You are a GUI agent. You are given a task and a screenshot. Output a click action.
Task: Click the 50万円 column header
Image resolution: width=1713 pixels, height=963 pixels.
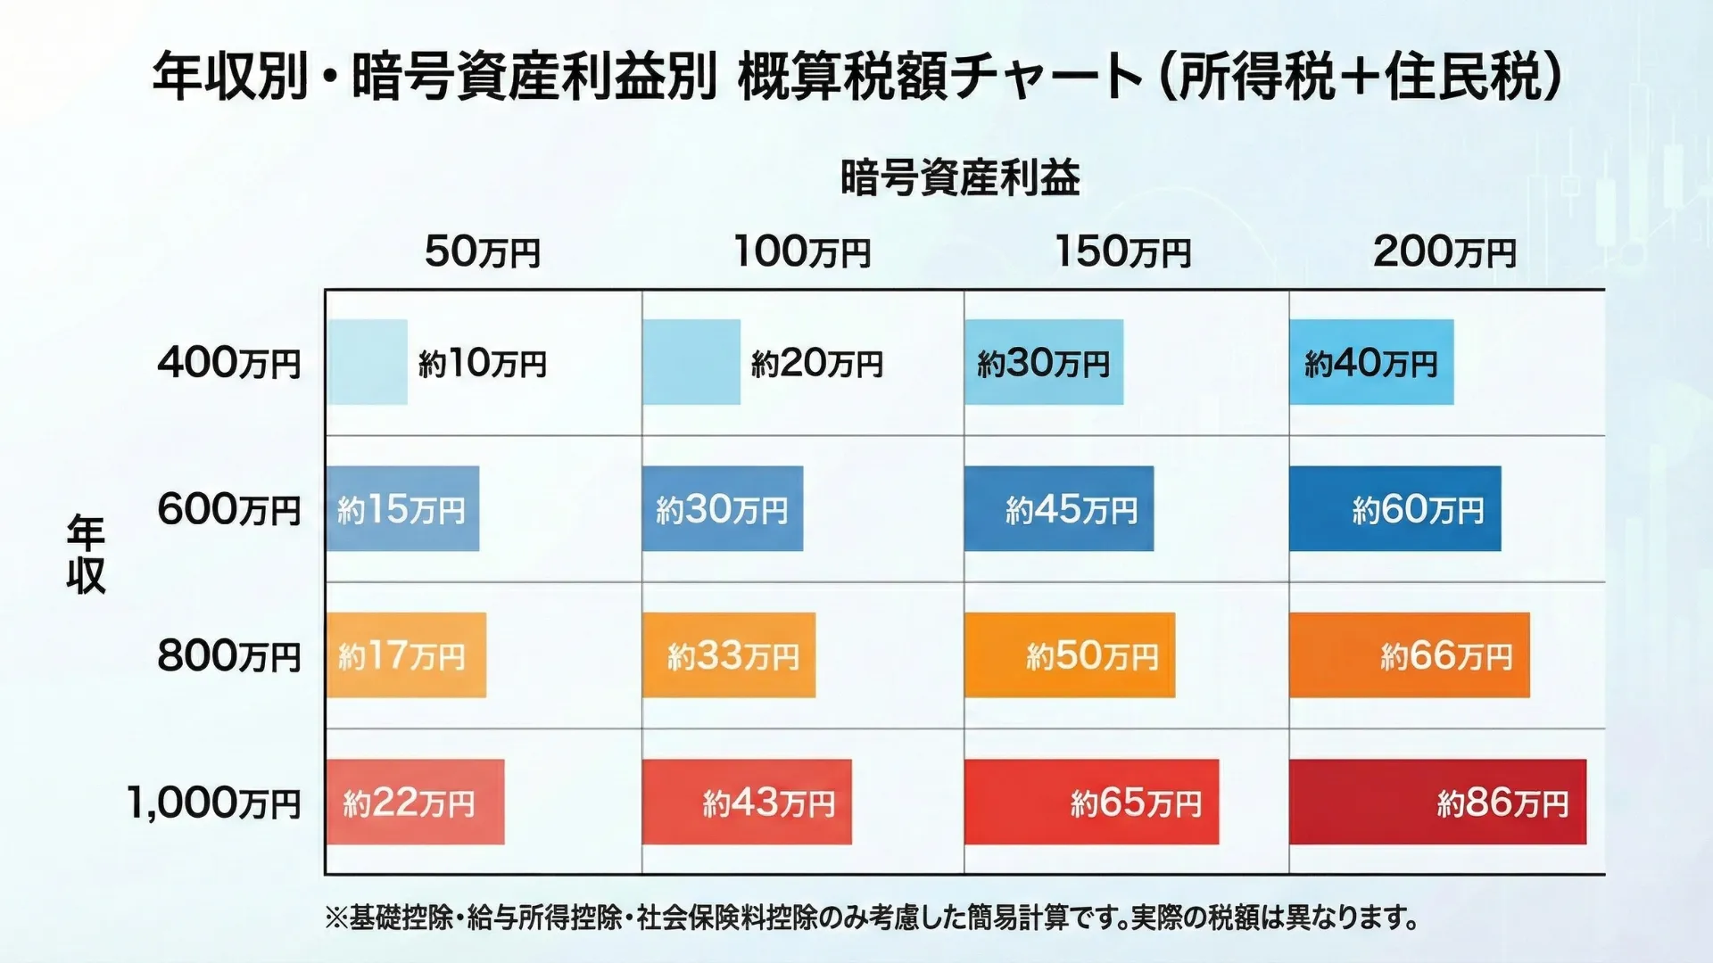click(483, 252)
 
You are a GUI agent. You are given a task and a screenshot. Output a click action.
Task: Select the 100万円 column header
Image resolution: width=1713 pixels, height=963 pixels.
click(802, 252)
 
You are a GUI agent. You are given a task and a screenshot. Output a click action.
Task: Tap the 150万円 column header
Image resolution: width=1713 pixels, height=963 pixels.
click(1123, 252)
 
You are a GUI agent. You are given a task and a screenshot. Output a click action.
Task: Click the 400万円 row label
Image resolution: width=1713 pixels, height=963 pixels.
click(229, 364)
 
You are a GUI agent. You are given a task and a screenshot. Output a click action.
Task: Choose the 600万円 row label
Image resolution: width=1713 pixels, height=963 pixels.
click(229, 510)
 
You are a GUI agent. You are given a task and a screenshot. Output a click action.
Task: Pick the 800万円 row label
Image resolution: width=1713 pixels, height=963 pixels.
click(229, 656)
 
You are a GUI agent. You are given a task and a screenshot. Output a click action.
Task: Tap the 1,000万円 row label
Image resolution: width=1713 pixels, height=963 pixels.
click(214, 803)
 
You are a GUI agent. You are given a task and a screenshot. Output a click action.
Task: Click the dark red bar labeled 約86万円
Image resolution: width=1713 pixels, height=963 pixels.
click(1437, 802)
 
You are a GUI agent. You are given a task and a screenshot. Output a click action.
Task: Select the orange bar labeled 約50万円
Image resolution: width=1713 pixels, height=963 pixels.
click(1069, 655)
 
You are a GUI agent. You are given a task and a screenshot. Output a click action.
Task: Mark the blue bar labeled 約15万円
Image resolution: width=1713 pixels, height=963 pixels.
click(402, 509)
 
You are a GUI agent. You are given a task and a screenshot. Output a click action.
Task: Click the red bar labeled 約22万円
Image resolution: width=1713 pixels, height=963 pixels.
click(415, 802)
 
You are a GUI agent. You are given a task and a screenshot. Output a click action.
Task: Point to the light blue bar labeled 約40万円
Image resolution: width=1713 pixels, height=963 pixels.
click(1371, 363)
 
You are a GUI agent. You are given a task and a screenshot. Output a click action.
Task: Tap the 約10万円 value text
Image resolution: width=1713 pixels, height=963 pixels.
click(483, 364)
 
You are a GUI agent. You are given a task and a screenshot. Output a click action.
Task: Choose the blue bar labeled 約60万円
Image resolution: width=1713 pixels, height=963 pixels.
click(1394, 509)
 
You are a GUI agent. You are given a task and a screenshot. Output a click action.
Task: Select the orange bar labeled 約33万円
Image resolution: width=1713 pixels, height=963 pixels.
click(728, 655)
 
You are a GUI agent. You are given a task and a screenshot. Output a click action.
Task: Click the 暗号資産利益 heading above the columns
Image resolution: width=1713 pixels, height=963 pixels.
click(960, 177)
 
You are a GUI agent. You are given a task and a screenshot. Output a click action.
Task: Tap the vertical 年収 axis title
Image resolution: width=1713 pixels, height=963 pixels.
click(87, 555)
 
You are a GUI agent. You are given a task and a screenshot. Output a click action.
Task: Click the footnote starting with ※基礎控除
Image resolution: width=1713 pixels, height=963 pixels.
click(872, 918)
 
